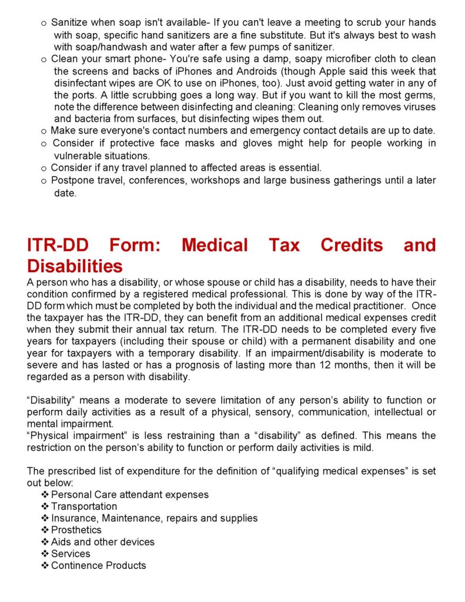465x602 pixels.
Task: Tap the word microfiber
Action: [x=329, y=59]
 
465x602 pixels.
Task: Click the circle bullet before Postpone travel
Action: [x=44, y=181]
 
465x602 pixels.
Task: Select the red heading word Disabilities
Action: [x=75, y=266]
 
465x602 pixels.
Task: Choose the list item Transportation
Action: [x=84, y=506]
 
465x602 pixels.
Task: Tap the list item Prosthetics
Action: [x=76, y=530]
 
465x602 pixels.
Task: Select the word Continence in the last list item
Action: [x=73, y=566]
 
